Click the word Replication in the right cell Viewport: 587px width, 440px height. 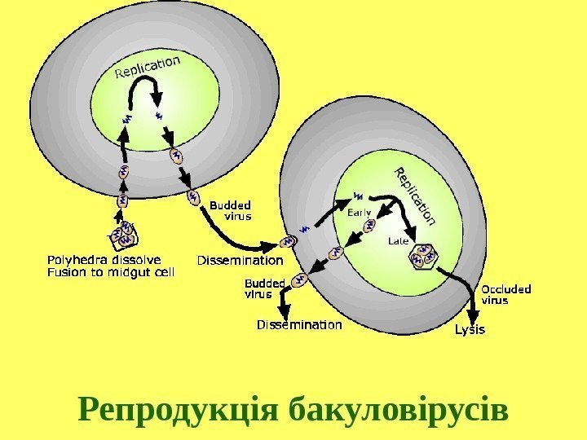pyautogui.click(x=414, y=196)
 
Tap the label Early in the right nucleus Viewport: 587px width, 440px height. pyautogui.click(x=360, y=213)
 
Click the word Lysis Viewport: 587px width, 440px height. pyautogui.click(x=469, y=330)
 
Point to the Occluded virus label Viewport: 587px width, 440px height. pyautogui.click(x=506, y=294)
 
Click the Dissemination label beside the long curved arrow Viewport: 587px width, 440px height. pyautogui.click(x=240, y=262)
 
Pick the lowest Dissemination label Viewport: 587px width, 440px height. pyautogui.click(x=299, y=325)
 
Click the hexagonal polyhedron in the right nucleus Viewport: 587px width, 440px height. pyautogui.click(x=425, y=257)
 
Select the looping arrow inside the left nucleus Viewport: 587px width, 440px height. pyautogui.click(x=143, y=97)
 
